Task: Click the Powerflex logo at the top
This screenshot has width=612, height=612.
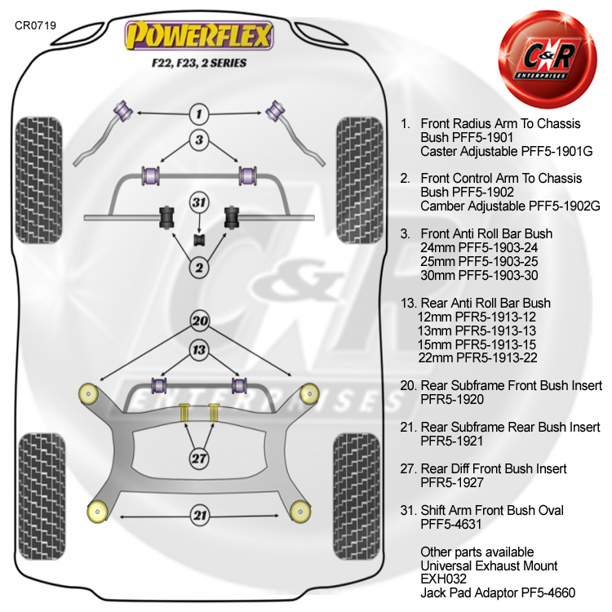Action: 198,36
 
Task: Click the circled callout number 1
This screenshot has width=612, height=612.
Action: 199,113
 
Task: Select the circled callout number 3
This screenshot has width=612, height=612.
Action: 199,140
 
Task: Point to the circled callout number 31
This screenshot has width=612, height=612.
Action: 199,202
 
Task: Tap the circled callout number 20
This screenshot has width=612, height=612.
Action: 199,321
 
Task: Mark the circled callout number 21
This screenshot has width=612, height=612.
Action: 199,515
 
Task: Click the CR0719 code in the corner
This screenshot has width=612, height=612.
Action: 35,25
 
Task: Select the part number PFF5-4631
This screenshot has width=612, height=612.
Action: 455,525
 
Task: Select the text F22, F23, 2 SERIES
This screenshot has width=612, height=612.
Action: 198,62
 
